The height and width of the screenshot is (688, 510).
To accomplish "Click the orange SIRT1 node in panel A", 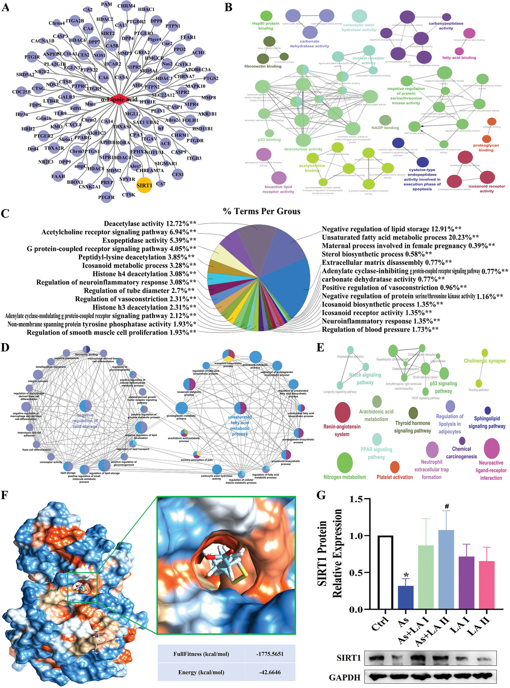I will click(x=144, y=186).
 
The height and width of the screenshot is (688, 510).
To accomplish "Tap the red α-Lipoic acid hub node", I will click(x=121, y=99).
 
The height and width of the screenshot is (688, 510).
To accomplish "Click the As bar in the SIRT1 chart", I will click(x=406, y=597).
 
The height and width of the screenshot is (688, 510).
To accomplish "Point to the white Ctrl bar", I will click(x=385, y=572).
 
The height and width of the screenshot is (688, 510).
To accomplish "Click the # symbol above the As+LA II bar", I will click(x=447, y=506).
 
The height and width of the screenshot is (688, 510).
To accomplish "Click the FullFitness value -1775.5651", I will click(x=270, y=654).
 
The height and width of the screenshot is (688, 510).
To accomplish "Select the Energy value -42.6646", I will click(x=270, y=672).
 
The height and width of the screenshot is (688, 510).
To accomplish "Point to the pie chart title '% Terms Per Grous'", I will click(x=262, y=211).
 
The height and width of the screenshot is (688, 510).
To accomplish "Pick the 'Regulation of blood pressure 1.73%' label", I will click(x=380, y=330).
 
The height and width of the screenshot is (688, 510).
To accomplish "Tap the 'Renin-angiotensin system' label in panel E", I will click(x=342, y=431).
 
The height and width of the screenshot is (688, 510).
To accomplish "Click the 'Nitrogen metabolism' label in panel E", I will click(x=345, y=477).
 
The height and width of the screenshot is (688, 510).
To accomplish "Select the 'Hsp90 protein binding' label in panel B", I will click(x=266, y=26).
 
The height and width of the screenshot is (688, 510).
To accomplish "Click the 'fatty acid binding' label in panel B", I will click(x=459, y=58).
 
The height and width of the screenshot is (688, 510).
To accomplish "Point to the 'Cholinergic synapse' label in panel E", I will click(x=484, y=361).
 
